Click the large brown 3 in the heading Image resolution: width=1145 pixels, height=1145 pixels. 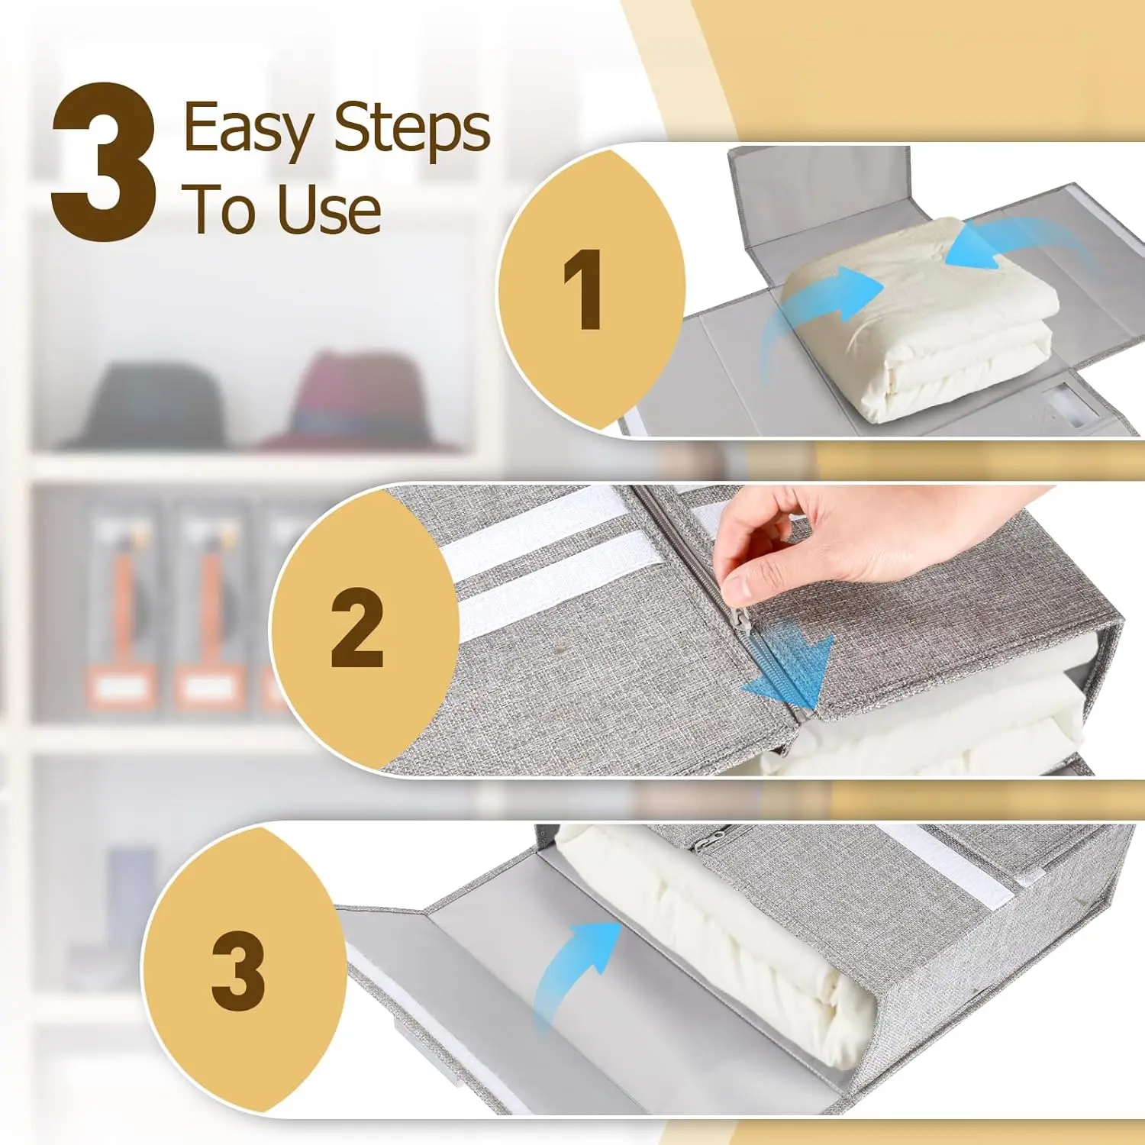point(104,162)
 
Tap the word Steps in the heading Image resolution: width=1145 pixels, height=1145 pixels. point(412,127)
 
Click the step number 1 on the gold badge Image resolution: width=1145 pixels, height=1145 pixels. point(584,290)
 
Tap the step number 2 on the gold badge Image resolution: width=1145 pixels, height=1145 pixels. point(356,628)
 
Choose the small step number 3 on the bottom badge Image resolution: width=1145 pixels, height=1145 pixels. point(238,970)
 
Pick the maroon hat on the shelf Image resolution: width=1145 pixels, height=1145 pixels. point(355,401)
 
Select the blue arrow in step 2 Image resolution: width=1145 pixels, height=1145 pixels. point(794,664)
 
